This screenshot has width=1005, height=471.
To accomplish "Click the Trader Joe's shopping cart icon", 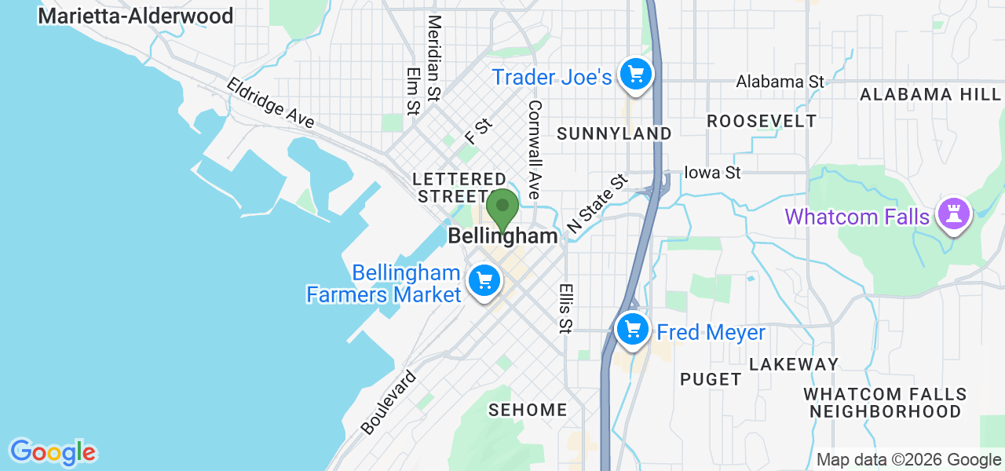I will click(x=636, y=75).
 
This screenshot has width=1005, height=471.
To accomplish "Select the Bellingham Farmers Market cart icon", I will click(x=484, y=280).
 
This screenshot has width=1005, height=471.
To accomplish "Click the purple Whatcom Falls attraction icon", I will click(x=953, y=214).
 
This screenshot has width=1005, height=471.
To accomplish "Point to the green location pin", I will click(x=502, y=208).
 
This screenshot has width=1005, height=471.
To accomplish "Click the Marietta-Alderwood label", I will click(x=136, y=16).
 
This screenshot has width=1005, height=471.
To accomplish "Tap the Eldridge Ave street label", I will click(x=271, y=103).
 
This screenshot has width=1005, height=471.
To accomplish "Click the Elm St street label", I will click(x=413, y=90).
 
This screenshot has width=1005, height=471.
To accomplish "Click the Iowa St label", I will click(x=712, y=172).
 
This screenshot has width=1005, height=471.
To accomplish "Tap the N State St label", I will click(x=598, y=204).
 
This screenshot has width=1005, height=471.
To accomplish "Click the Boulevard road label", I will click(x=389, y=403).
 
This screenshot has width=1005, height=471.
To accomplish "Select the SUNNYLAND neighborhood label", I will click(x=614, y=134).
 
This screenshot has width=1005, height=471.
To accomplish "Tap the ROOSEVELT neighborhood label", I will click(x=762, y=121).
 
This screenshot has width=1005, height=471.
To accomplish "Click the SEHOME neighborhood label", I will click(x=528, y=410).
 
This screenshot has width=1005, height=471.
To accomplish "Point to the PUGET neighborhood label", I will click(x=711, y=379).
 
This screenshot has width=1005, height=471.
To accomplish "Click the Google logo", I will click(x=53, y=452).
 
